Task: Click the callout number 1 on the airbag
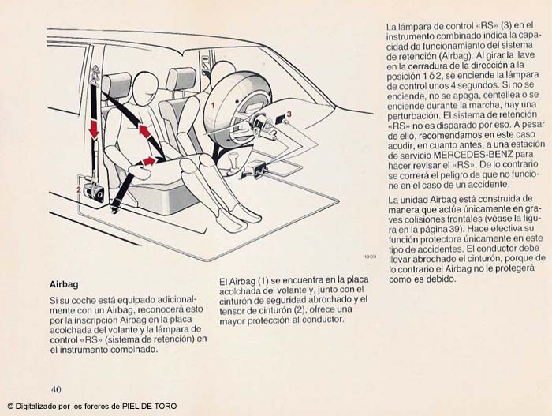(x=211, y=103)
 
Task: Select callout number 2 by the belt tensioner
(x=78, y=189)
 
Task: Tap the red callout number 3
(x=289, y=114)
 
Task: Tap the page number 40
(x=56, y=388)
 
